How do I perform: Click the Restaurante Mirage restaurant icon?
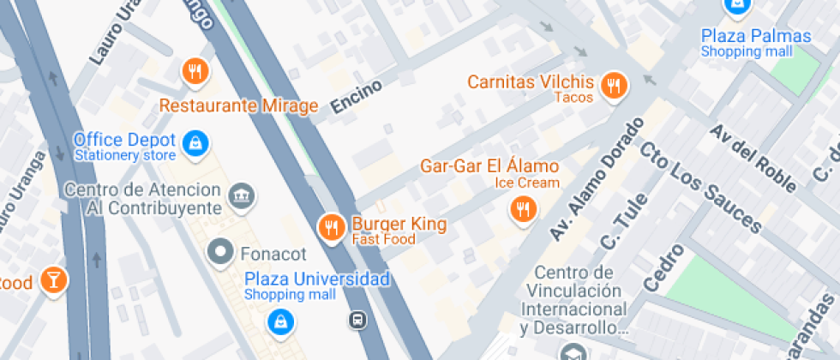(x=196, y=72)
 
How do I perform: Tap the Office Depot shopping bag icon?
(x=196, y=143)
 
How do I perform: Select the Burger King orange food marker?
(x=331, y=226)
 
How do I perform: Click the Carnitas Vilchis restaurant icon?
(x=613, y=84)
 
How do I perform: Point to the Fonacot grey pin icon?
(x=221, y=252)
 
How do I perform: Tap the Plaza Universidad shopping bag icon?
(x=279, y=321)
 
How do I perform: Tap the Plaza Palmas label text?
(x=755, y=36)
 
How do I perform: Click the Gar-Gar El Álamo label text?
(x=489, y=165)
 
